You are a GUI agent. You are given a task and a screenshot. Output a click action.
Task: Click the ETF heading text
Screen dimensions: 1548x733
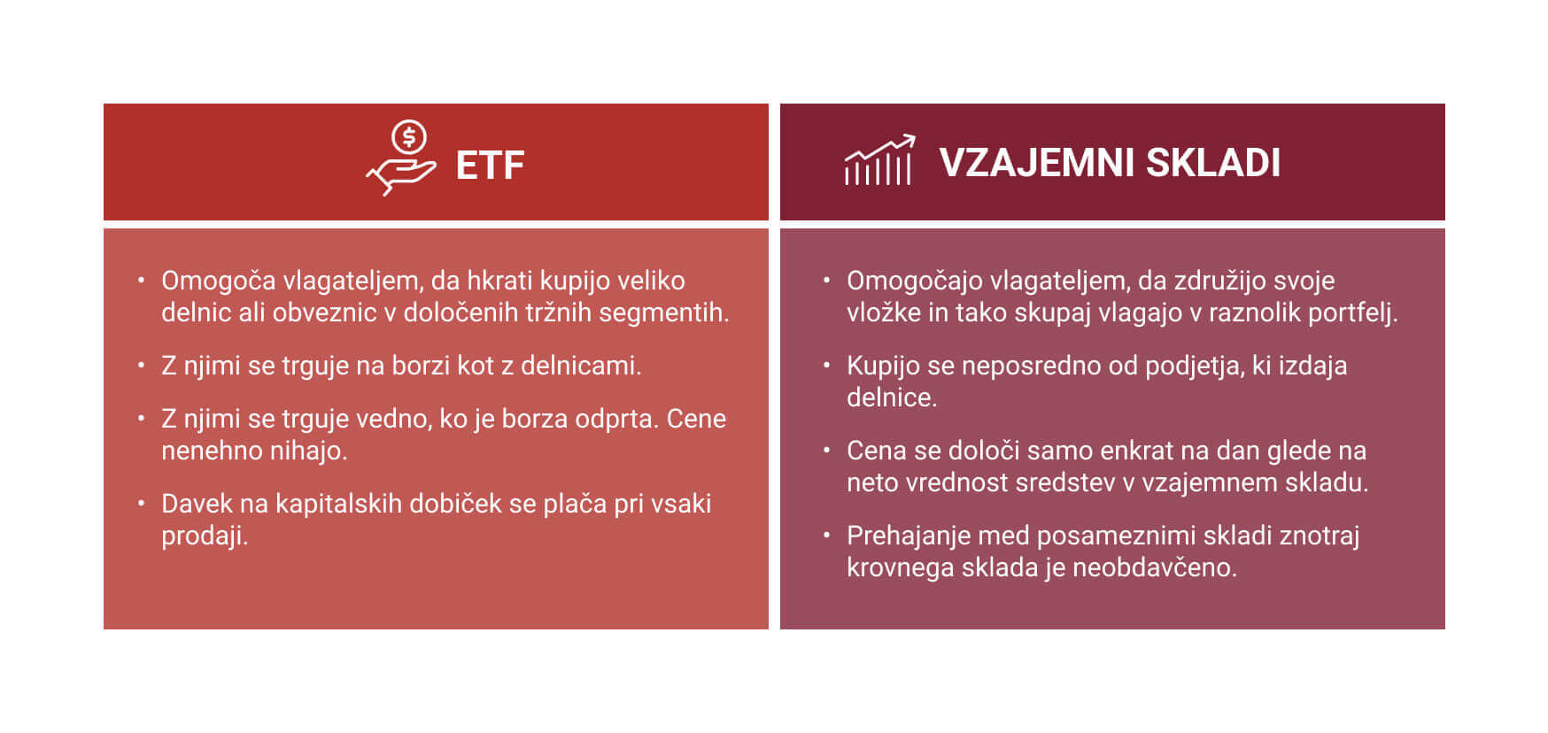tap(490, 166)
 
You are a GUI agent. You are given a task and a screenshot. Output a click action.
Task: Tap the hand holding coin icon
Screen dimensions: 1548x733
tap(401, 158)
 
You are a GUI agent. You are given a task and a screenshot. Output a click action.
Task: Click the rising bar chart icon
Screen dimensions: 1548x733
tap(879, 160)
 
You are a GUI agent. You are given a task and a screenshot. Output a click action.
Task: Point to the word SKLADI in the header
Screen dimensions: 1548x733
tap(1213, 163)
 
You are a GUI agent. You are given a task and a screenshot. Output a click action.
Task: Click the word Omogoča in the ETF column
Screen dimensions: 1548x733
tap(218, 282)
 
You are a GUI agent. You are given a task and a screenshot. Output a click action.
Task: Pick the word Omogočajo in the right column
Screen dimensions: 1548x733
tap(914, 282)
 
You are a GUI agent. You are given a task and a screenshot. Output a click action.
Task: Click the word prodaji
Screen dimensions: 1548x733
tap(205, 536)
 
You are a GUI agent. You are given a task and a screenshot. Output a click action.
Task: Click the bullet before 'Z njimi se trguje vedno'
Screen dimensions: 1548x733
tap(141, 417)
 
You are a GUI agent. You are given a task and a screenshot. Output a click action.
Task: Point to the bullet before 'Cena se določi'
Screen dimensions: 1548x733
tap(826, 449)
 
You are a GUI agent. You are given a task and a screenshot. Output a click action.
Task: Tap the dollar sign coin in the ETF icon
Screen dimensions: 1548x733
tap(409, 137)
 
